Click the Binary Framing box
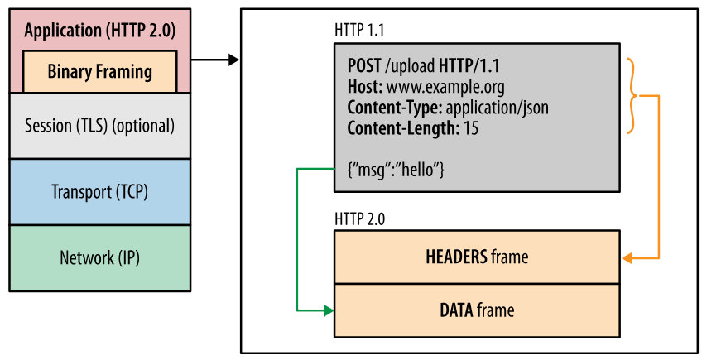coord(100,72)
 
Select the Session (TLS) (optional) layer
coord(100,126)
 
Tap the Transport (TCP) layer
coord(100,192)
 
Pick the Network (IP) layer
coord(100,258)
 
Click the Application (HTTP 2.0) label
coord(100,31)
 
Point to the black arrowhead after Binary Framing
coord(233,60)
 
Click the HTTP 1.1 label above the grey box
coord(359,30)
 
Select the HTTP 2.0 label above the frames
coord(359,219)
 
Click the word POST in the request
coord(364,66)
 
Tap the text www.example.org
coord(445,88)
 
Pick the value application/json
coord(497,108)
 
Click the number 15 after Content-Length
coord(471,128)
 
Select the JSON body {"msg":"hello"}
coord(396,170)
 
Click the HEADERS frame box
coord(478,257)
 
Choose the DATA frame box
coord(478,310)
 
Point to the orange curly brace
coord(633,95)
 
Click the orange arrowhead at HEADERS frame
coord(627,258)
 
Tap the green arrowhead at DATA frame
coord(329,310)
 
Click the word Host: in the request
coord(365,87)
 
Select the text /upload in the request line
coord(410,66)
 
